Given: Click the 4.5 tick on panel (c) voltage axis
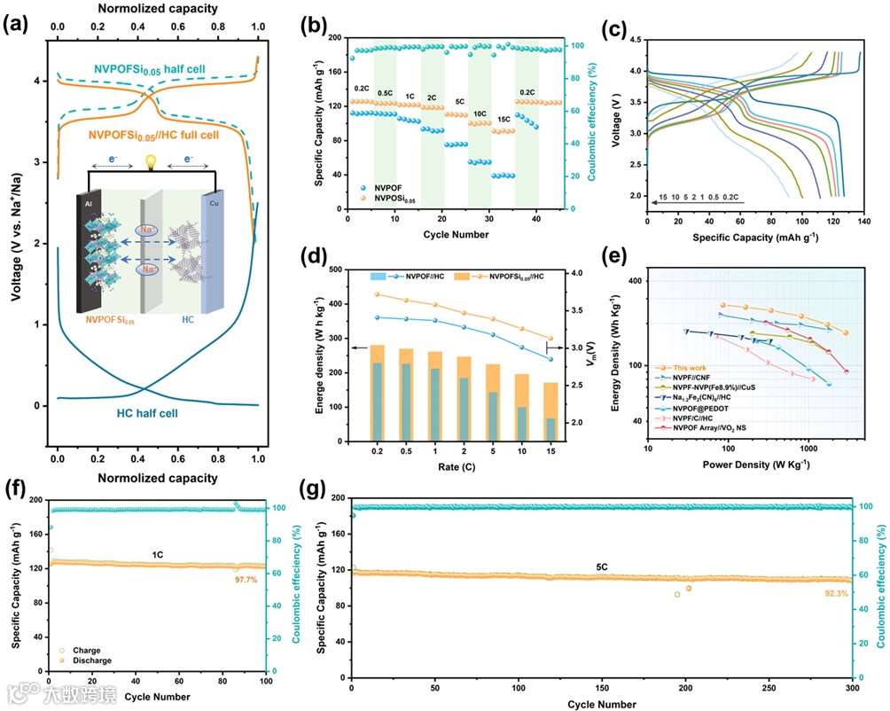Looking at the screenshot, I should point(634,40).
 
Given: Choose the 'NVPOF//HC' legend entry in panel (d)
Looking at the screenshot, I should point(416,276).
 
